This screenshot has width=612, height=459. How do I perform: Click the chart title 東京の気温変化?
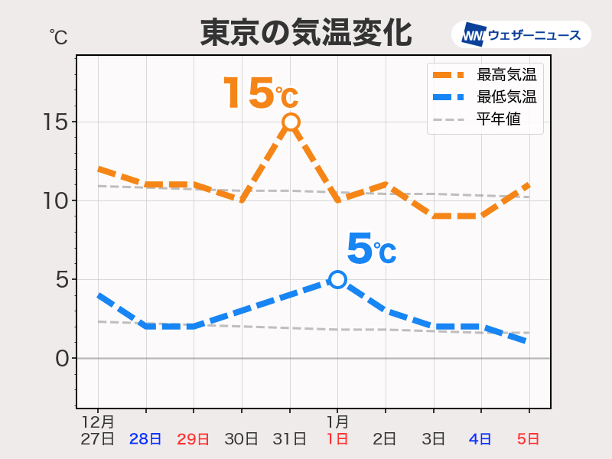306,34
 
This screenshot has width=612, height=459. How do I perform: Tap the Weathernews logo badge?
521,34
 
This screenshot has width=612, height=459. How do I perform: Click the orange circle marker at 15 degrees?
291,122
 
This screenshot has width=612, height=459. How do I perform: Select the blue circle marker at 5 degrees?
337,279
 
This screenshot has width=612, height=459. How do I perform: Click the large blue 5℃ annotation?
371,249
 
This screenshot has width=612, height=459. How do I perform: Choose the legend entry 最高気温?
506,75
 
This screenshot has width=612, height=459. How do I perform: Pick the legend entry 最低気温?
506,97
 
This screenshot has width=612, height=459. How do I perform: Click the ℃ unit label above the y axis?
57,35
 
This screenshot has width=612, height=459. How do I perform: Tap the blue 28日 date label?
145,439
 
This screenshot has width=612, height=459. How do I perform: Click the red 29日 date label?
194,439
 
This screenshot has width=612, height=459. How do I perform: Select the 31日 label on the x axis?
290,439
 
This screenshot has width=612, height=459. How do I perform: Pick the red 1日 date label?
337,439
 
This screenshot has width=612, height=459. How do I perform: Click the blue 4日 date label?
481,439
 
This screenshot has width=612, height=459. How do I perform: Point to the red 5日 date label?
529,439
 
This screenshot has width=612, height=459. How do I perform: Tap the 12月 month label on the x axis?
98,422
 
